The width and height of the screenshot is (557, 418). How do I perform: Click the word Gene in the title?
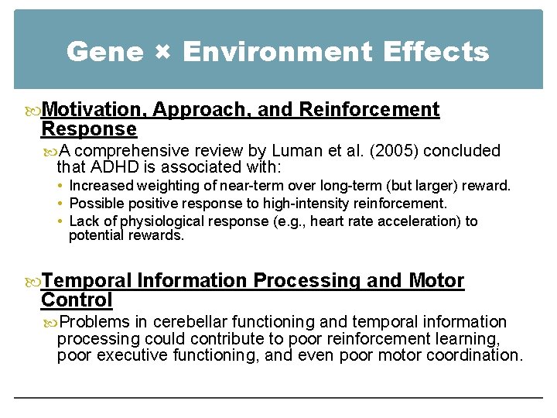104,52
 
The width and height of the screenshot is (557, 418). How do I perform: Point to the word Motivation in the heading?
93,111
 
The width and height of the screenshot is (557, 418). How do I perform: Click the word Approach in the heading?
203,111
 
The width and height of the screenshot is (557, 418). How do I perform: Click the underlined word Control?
77,299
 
